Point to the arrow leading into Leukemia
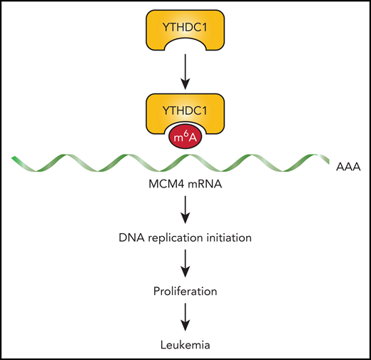(x=185, y=318)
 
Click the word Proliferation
(x=185, y=293)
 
